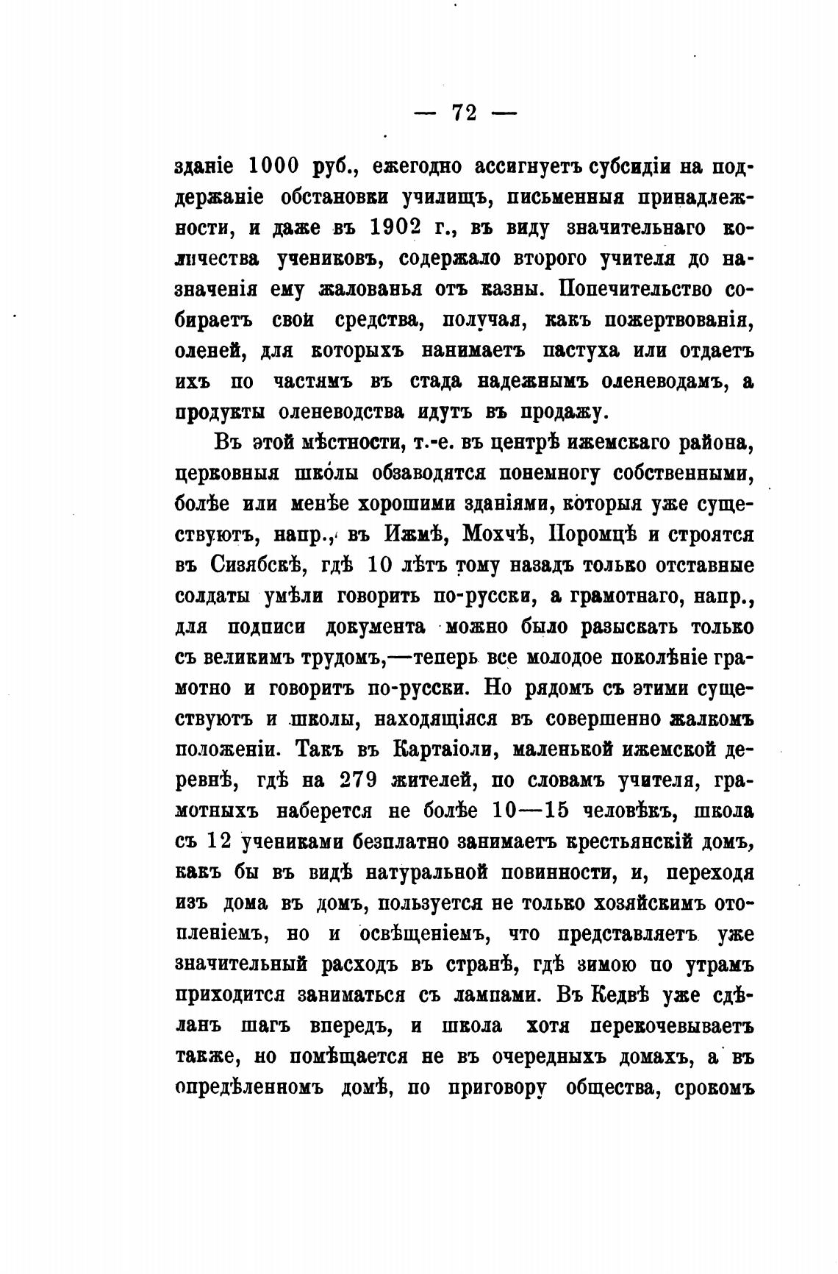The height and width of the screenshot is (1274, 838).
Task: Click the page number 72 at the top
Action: (465, 113)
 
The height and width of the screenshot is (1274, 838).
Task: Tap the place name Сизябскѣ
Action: (254, 566)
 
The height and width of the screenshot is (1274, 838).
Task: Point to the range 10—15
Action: (530, 811)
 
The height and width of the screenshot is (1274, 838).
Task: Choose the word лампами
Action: (488, 995)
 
